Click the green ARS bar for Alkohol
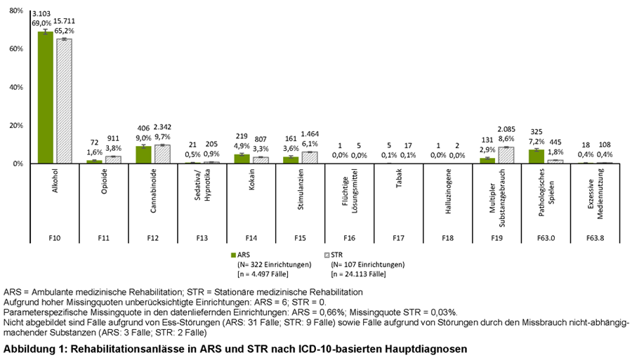[46, 98]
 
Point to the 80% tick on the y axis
[16, 11]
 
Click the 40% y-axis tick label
[16, 87]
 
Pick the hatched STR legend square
[324, 255]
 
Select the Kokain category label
[251, 181]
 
